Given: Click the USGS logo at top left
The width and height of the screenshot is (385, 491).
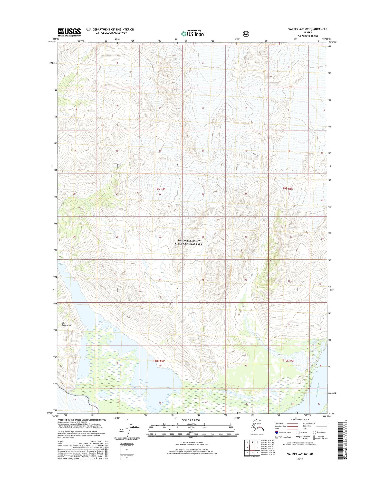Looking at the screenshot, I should (69, 32).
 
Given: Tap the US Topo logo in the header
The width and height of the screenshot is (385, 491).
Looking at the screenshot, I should (192, 33).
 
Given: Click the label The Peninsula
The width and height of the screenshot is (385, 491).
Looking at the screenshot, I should (66, 324).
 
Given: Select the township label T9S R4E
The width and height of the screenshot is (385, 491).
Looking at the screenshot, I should (160, 189).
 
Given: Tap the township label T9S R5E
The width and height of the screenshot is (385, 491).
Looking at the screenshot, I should (287, 188).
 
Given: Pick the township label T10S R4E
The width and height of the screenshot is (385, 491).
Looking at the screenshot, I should (159, 361).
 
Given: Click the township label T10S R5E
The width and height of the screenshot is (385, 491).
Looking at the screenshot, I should (288, 361).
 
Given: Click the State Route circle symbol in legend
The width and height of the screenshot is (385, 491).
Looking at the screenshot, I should (314, 432).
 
